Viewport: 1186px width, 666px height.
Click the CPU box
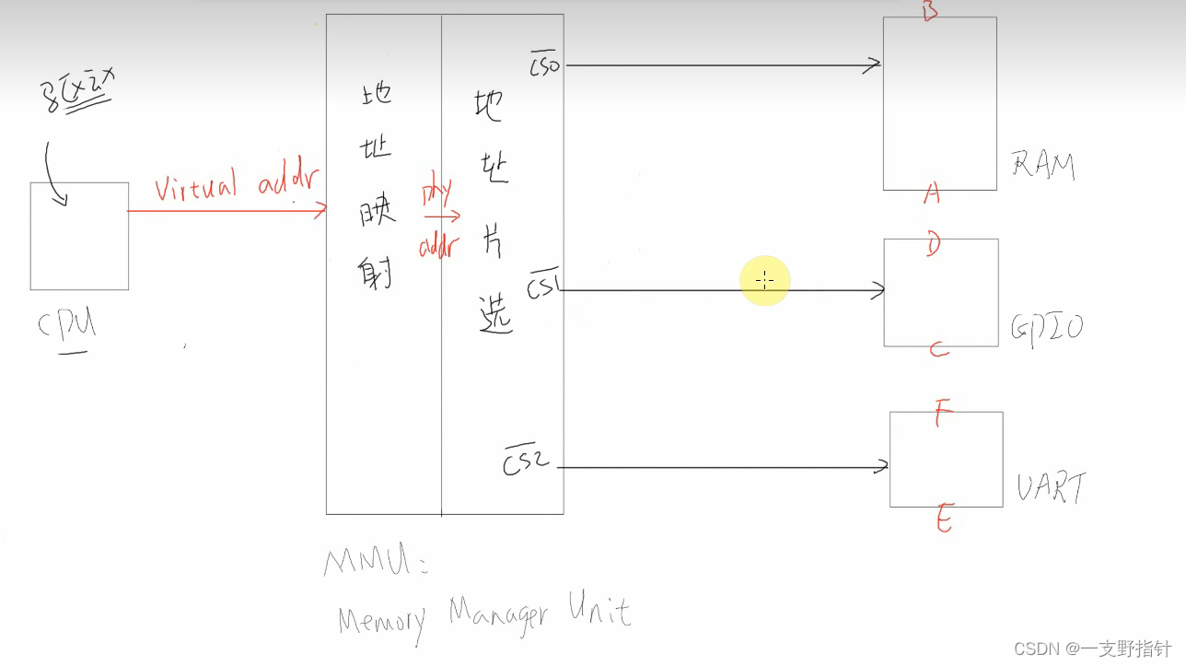[x=79, y=236]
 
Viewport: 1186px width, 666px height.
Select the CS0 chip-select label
[x=544, y=65]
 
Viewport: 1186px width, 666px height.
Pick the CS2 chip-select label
[x=526, y=461]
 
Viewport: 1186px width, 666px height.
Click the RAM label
[x=1043, y=165]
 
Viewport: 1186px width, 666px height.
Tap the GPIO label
[x=1047, y=327]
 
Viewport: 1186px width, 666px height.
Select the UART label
[x=1051, y=487]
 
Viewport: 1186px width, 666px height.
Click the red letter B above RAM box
[x=929, y=11]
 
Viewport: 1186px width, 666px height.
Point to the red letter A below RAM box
[x=932, y=193]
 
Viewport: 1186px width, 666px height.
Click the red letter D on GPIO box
[x=933, y=246]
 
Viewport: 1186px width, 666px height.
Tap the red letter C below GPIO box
[x=938, y=350]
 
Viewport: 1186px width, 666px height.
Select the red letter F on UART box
[x=941, y=415]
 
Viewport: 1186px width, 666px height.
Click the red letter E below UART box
[x=944, y=520]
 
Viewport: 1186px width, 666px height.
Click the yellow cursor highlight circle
[x=764, y=279]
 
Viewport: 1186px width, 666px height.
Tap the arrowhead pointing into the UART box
[x=882, y=467]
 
